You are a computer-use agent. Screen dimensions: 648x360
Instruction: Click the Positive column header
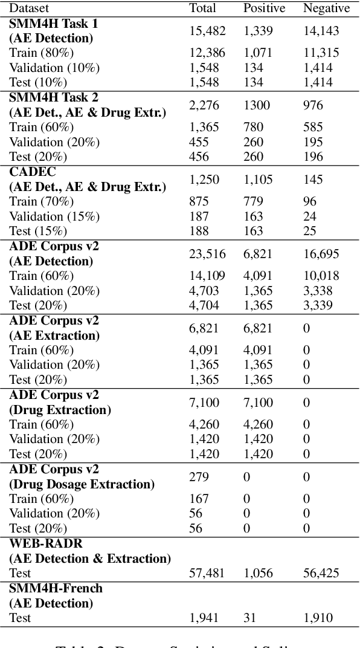coord(263,8)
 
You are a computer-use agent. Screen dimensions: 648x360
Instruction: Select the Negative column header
coord(326,8)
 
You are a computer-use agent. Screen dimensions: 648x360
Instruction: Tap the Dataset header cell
coord(30,8)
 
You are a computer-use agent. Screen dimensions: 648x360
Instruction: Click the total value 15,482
coord(206,31)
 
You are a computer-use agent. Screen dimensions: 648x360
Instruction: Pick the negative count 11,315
coord(321,53)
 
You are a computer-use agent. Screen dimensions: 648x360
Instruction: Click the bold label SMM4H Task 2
coord(54,97)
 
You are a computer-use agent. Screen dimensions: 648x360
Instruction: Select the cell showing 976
coord(313,105)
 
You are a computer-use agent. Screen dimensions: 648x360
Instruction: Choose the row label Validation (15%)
coord(54,216)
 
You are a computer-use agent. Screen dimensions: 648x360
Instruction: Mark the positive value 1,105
coord(258,180)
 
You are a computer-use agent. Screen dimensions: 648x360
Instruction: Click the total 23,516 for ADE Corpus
coord(206,254)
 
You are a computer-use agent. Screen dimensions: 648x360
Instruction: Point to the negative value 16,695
coord(321,254)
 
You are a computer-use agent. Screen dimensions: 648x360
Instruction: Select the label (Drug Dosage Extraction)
coord(82,484)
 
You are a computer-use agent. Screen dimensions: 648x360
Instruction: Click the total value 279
coord(199,477)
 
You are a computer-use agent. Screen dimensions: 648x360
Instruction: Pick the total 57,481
coord(206,573)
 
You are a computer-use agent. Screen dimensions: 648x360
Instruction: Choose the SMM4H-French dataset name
coord(56,588)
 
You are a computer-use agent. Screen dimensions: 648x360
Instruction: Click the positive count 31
coord(250,618)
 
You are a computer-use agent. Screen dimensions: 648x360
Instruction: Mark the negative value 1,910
coord(318,618)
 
